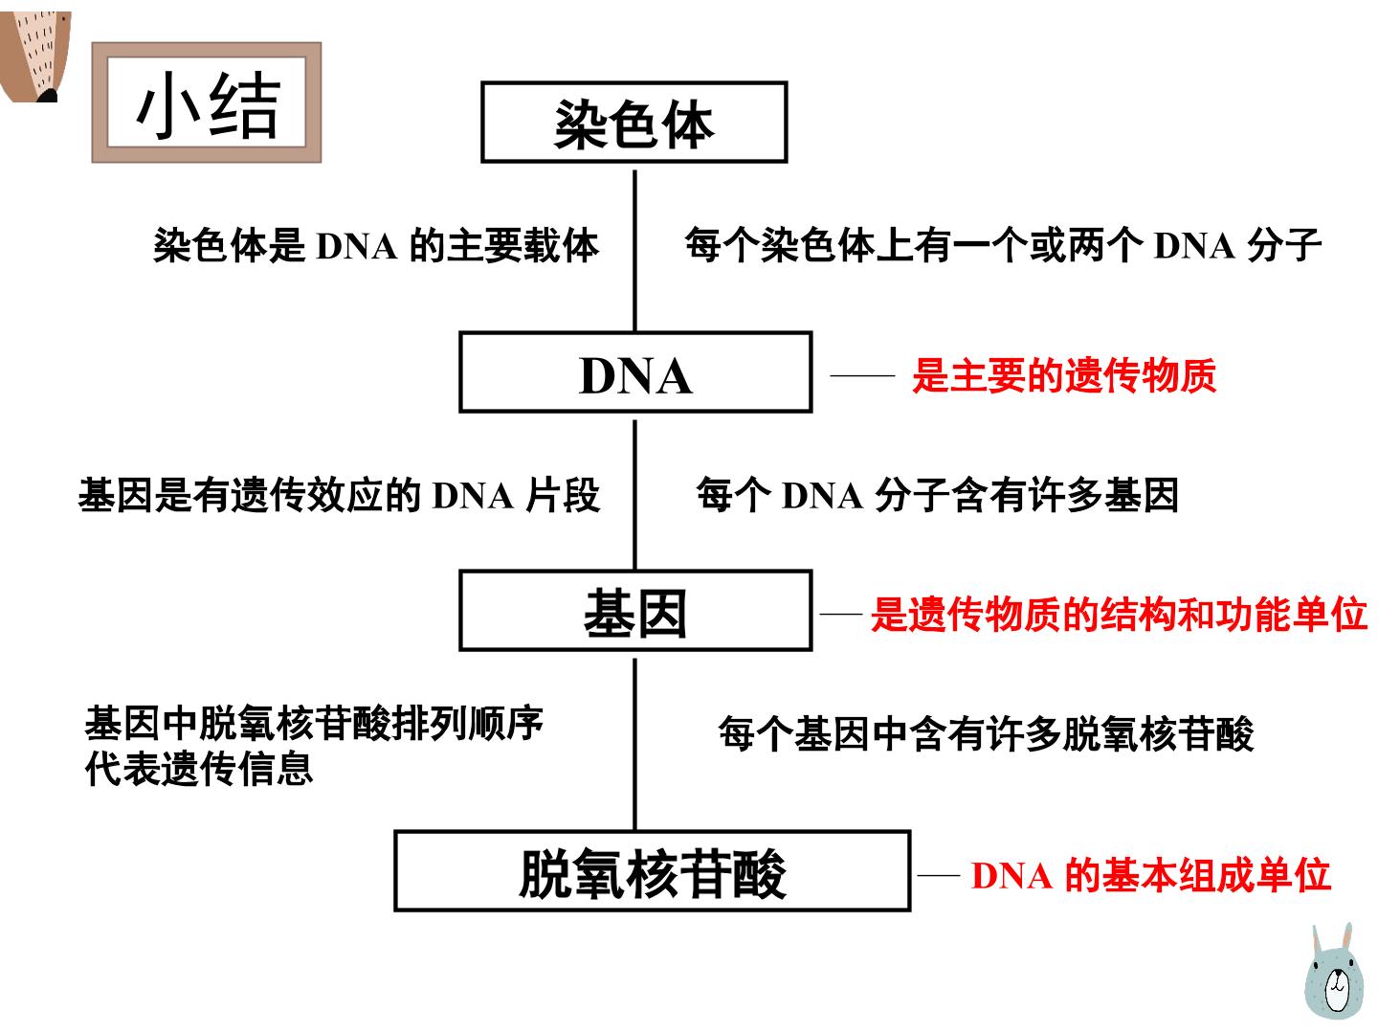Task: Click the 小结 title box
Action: point(207,102)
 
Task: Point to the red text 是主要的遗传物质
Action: point(1064,375)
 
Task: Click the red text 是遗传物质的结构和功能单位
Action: point(1119,614)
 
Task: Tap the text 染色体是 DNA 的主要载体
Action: point(376,245)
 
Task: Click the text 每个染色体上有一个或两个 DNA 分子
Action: point(1003,245)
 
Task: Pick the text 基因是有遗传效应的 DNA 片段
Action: point(339,495)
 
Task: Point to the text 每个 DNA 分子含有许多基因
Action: point(937,495)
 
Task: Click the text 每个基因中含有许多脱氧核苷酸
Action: point(987,732)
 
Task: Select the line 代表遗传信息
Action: point(199,769)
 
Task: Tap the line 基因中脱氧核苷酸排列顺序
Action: point(314,723)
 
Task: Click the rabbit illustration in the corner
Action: point(1333,971)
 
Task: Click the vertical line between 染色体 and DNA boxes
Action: point(634,251)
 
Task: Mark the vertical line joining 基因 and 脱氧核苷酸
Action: point(634,744)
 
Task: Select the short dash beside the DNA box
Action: point(862,375)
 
